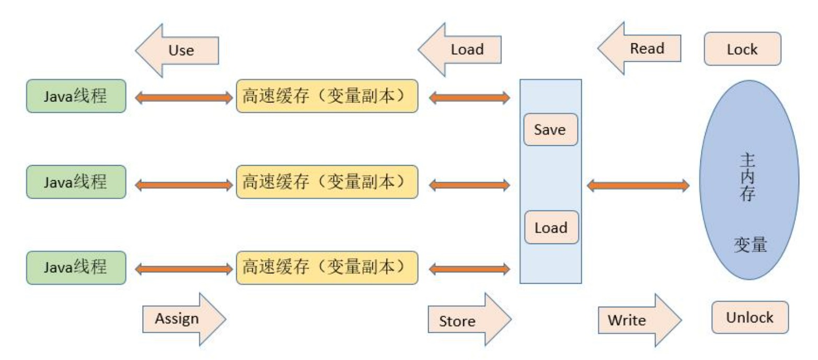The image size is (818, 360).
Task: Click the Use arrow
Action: pos(178,50)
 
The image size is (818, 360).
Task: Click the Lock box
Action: pos(742,49)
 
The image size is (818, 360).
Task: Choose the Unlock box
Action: pos(750,317)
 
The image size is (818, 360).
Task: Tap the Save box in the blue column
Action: pos(550,129)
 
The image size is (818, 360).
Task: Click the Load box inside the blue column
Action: pos(551,227)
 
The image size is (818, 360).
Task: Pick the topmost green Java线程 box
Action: pos(76,96)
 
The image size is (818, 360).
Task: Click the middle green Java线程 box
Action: pos(76,182)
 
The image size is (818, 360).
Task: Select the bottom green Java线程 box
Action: pos(76,268)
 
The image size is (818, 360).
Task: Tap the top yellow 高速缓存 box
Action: pos(327,96)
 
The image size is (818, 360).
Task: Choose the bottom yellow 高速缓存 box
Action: pos(327,268)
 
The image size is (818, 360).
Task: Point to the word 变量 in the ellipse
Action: pos(748,244)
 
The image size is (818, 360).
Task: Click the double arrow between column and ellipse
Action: pos(638,185)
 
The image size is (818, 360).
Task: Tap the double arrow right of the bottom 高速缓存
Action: pos(469,270)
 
